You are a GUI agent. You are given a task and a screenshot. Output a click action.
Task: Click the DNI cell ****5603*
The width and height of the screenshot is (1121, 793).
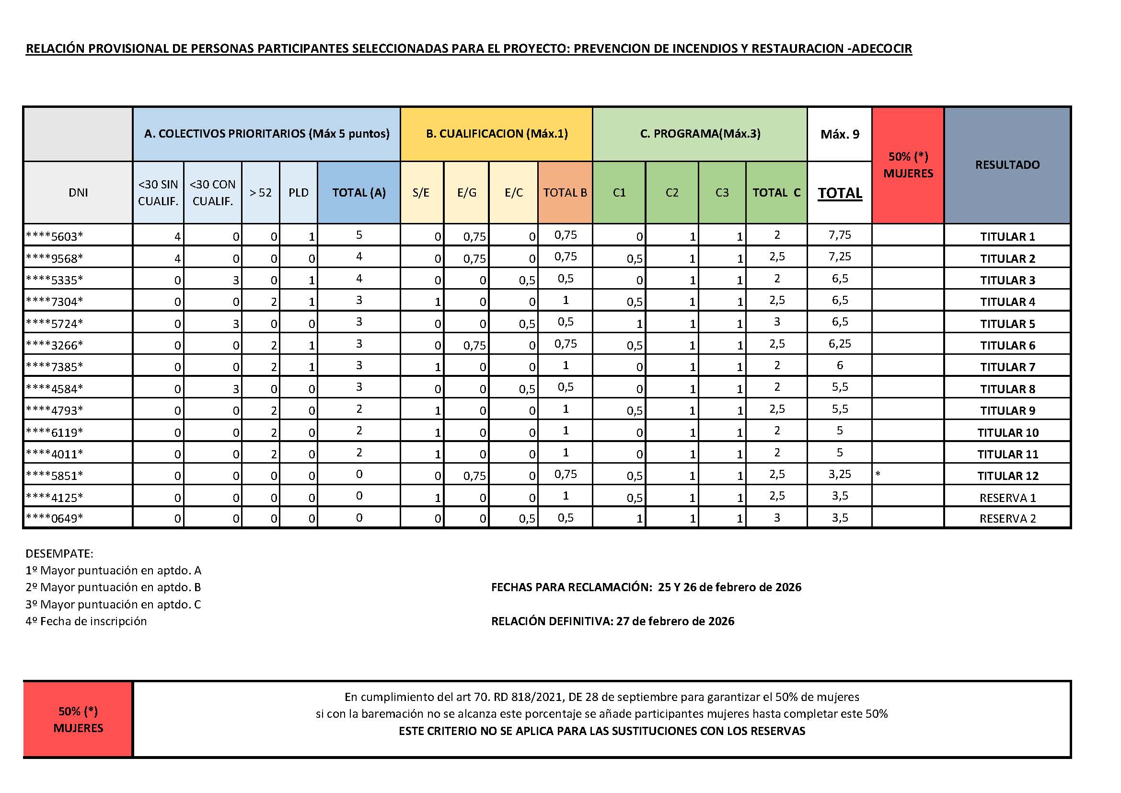coord(54,236)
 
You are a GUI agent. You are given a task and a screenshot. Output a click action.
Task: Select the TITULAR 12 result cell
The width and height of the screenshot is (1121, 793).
coord(1007,476)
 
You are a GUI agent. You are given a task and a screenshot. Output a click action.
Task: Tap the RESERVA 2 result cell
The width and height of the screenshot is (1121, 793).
coord(1007,519)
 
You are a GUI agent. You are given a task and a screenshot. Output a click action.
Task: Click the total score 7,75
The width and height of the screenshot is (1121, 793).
coord(839,235)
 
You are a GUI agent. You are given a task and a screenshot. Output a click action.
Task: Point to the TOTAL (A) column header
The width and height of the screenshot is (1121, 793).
coord(359,192)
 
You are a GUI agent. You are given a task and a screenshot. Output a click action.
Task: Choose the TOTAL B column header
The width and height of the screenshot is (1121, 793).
coord(565,192)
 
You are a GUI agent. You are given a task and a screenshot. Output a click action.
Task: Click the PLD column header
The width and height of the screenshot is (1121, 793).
coord(298,192)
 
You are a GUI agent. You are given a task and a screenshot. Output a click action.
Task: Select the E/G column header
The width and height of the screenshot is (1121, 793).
coord(466,192)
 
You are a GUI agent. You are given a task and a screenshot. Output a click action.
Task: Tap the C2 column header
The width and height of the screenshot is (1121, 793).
coord(672,192)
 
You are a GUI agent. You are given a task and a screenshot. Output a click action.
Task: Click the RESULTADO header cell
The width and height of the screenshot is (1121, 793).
coord(1007,164)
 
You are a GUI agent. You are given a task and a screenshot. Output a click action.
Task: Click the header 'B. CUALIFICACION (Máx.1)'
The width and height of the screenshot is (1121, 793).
coord(497,134)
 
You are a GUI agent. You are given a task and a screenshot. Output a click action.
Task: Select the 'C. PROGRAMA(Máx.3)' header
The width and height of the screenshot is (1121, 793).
coord(700,134)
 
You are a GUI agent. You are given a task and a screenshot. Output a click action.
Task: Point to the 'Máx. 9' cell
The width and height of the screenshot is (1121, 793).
coord(839,134)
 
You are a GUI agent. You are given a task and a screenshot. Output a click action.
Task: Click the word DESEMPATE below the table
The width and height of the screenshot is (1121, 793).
coord(59,554)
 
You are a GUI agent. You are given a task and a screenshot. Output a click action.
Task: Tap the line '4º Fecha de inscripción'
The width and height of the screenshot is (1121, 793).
coord(86,621)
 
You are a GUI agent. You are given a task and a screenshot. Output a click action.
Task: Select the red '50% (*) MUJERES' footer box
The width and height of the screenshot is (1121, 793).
coord(78,719)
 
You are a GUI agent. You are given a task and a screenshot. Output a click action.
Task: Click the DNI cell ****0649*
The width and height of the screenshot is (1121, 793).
coord(54,518)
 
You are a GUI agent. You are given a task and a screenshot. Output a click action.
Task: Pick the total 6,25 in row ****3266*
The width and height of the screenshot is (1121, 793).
coord(839,344)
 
